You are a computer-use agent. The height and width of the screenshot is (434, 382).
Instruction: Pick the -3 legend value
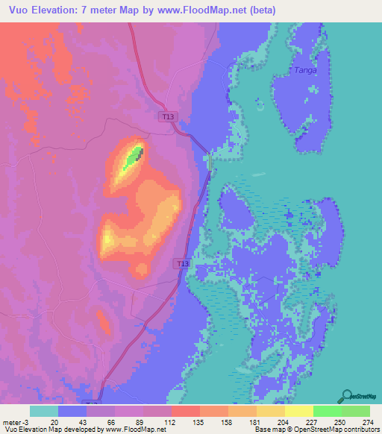26,421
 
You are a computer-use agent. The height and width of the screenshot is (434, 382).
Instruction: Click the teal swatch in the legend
44,411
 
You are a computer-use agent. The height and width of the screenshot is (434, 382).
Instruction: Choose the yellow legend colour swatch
299,411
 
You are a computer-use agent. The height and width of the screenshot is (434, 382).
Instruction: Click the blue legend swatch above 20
72,411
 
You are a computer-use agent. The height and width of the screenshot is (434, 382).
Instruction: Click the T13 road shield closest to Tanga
168,117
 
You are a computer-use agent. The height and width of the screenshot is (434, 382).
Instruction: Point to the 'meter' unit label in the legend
11,421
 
